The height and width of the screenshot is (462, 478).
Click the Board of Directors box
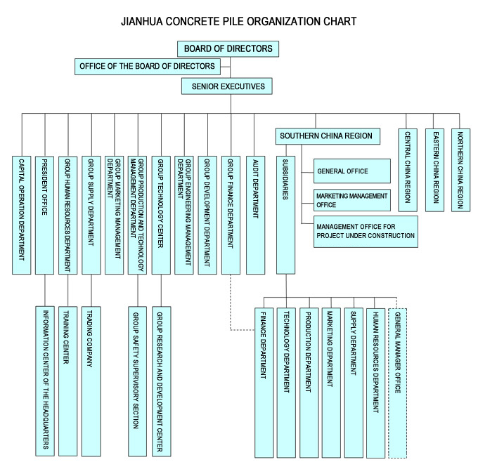228,48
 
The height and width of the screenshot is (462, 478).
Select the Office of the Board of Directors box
148,67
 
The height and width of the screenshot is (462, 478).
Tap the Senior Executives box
227,86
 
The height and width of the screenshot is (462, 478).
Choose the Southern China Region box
328,136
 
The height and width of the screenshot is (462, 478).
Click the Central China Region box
408,170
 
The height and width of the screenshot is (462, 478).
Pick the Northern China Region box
460,170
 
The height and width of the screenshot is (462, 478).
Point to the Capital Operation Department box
21,215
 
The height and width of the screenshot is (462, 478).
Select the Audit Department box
255,215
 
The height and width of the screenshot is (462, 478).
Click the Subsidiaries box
285,215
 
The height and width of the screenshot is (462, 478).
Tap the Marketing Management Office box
352,200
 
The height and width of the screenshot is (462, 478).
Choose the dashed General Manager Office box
398,383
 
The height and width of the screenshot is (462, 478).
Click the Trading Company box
91,381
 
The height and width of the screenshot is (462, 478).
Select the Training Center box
68,381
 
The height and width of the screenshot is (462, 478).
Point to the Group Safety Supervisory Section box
137,381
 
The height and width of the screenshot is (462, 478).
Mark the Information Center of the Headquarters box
45,381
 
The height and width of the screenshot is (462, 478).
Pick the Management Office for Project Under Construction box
366,232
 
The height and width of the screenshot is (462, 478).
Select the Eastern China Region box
434,170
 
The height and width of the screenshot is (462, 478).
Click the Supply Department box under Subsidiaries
354,383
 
